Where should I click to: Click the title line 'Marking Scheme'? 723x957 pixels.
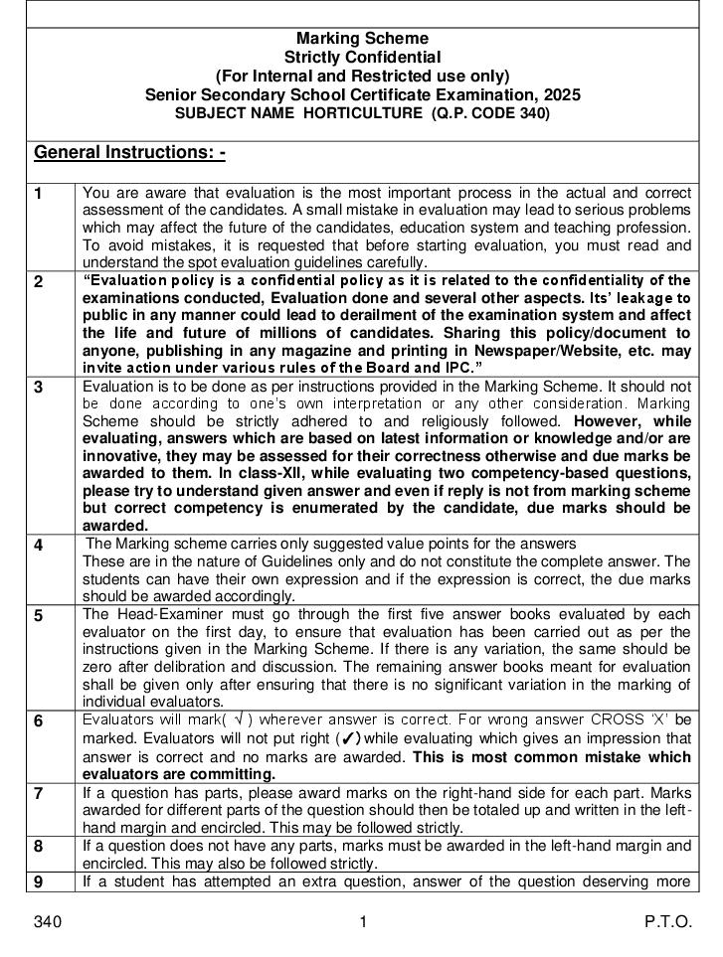pyautogui.click(x=362, y=39)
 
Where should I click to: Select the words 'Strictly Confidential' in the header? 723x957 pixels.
pyautogui.click(x=362, y=58)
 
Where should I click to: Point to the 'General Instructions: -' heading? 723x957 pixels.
pyautogui.click(x=129, y=152)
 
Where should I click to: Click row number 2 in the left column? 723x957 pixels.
pyautogui.click(x=39, y=281)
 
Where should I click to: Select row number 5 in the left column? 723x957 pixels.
pyautogui.click(x=39, y=615)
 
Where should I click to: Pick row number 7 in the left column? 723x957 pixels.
pyautogui.click(x=39, y=793)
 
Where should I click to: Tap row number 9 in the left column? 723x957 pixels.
pyautogui.click(x=39, y=881)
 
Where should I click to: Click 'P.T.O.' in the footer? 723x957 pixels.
pyautogui.click(x=667, y=922)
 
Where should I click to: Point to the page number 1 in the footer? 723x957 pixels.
pyautogui.click(x=363, y=922)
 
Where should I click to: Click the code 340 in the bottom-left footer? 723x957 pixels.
pyautogui.click(x=48, y=922)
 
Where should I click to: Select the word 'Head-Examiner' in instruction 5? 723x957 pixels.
pyautogui.click(x=157, y=614)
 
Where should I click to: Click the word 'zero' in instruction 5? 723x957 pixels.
pyautogui.click(x=98, y=666)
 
